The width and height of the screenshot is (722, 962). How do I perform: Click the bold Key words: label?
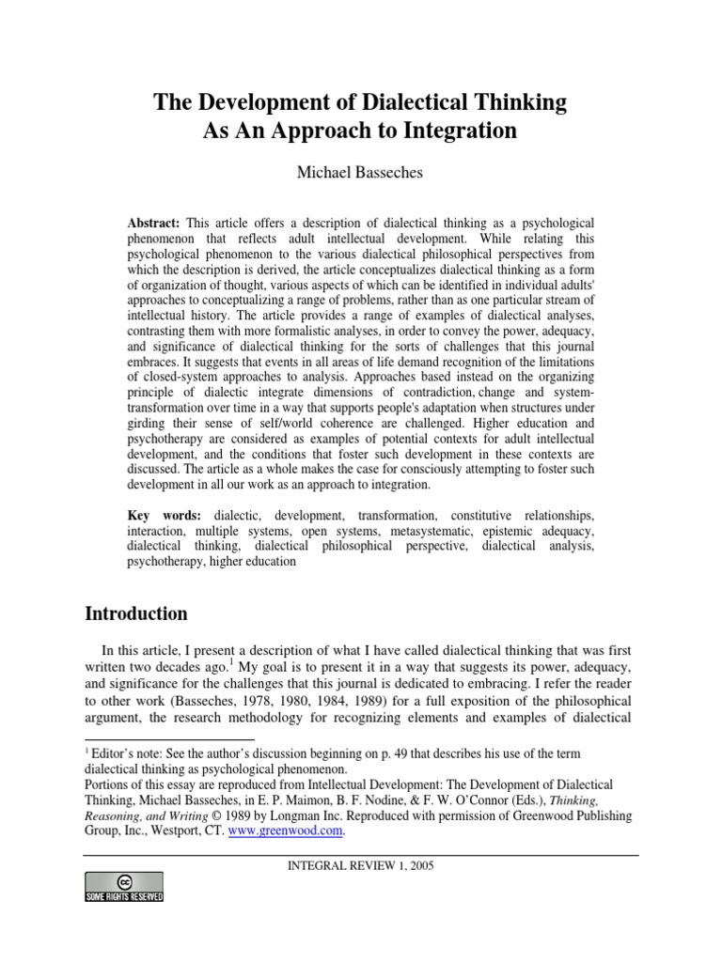166,517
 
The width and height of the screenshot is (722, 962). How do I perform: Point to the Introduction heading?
136,614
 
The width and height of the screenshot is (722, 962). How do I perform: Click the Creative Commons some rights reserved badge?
124,887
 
